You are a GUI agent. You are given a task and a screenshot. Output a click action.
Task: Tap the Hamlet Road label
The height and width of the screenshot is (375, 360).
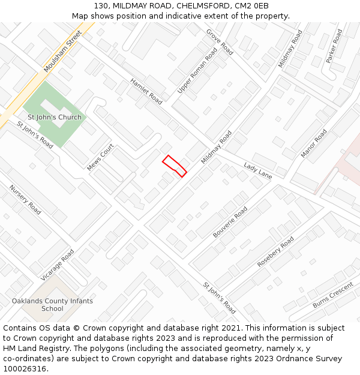coord(146,91)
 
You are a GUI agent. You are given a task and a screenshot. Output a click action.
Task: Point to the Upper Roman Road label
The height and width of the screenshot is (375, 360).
coord(197,71)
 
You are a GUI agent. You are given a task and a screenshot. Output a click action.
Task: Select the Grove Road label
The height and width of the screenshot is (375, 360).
coord(220,41)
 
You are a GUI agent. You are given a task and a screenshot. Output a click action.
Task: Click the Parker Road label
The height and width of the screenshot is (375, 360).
coord(334,46)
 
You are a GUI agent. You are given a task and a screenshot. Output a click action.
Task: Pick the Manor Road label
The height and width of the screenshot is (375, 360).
coord(314,144)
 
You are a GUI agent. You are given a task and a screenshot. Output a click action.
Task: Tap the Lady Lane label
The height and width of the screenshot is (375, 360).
coord(258,170)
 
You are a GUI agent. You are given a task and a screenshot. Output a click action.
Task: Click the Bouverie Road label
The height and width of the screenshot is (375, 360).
coord(230,222)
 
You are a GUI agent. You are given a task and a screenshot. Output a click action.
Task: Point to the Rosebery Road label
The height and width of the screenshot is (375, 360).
coord(275,251)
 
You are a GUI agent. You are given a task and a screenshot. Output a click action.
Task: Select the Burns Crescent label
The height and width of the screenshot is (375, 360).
coord(333,295)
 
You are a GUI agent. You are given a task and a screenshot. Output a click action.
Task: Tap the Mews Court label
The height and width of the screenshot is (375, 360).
coord(100,157)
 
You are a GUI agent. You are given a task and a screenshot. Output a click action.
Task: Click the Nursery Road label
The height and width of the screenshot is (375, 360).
coord(25,200)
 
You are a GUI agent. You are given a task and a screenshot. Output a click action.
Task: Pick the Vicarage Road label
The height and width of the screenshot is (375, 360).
coord(58,265)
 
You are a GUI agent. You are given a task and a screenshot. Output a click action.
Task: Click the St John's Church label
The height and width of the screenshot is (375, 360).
coord(55,117)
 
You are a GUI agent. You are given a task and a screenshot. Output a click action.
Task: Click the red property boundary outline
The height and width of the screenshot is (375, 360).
coord(174,165)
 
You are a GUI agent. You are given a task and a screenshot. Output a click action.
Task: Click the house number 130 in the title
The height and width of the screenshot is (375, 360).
coord(101,6)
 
